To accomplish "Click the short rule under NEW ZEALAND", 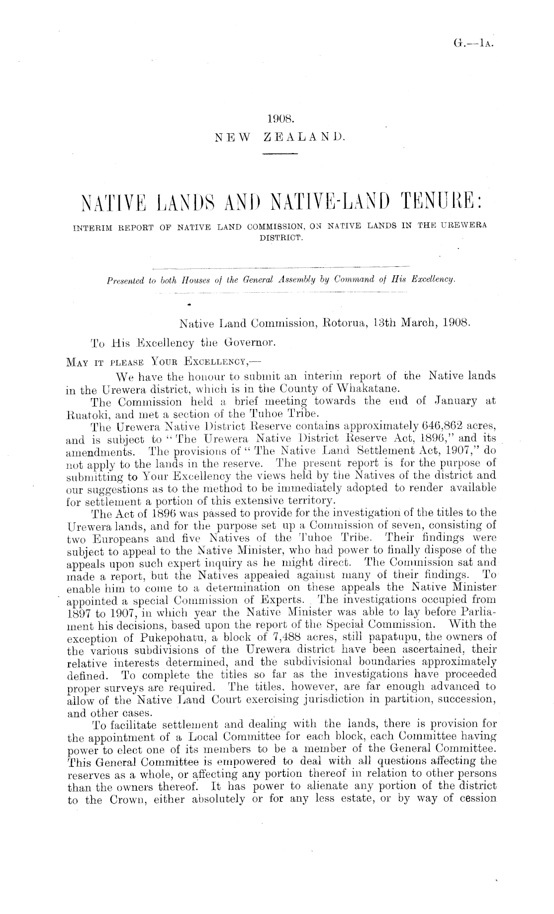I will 278,154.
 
